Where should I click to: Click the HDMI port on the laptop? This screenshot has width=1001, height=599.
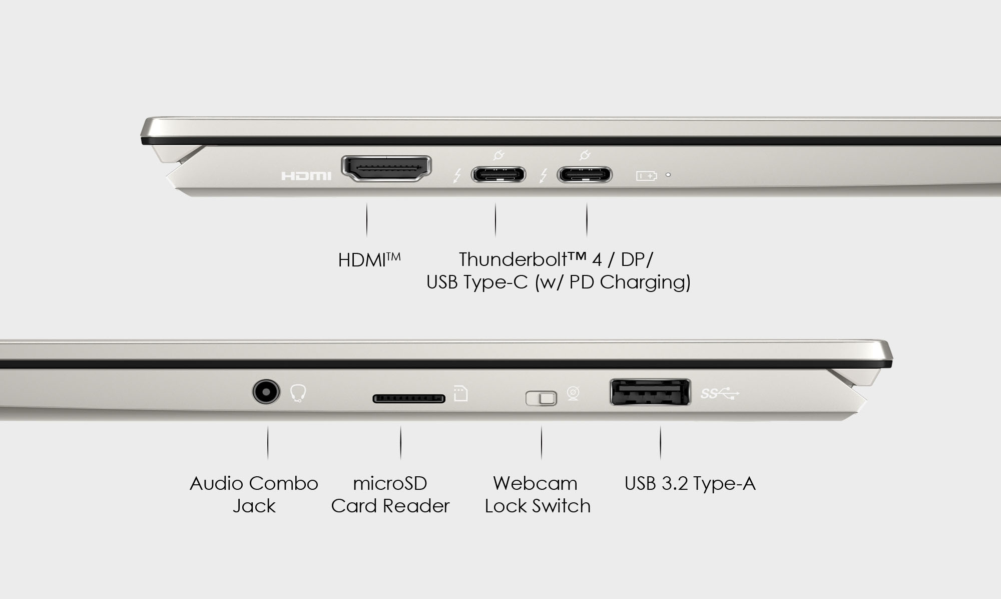[x=386, y=168]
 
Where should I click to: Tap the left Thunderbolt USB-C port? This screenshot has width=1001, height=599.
[x=498, y=175]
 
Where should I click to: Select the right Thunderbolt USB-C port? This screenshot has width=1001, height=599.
[x=585, y=175]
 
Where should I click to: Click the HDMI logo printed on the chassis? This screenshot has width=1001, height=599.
[x=306, y=176]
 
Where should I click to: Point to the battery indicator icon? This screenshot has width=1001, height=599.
[x=646, y=176]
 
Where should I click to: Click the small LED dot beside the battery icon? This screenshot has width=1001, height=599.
[x=668, y=175]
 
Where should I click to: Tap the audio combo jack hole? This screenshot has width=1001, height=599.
[x=265, y=392]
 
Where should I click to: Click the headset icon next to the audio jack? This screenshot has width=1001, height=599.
[x=298, y=393]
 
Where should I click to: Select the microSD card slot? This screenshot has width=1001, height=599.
[x=408, y=399]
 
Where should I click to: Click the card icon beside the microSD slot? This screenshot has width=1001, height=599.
[x=460, y=394]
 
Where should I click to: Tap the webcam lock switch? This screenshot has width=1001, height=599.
[x=541, y=399]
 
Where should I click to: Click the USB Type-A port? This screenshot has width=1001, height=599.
[x=650, y=392]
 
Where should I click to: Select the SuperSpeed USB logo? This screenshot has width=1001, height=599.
[x=719, y=394]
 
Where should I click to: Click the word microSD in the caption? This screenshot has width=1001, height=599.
[x=390, y=483]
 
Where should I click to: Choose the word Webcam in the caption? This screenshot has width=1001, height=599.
[x=535, y=483]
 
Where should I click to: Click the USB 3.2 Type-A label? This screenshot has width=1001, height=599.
[x=690, y=483]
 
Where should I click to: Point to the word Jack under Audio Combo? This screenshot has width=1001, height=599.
[x=254, y=506]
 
